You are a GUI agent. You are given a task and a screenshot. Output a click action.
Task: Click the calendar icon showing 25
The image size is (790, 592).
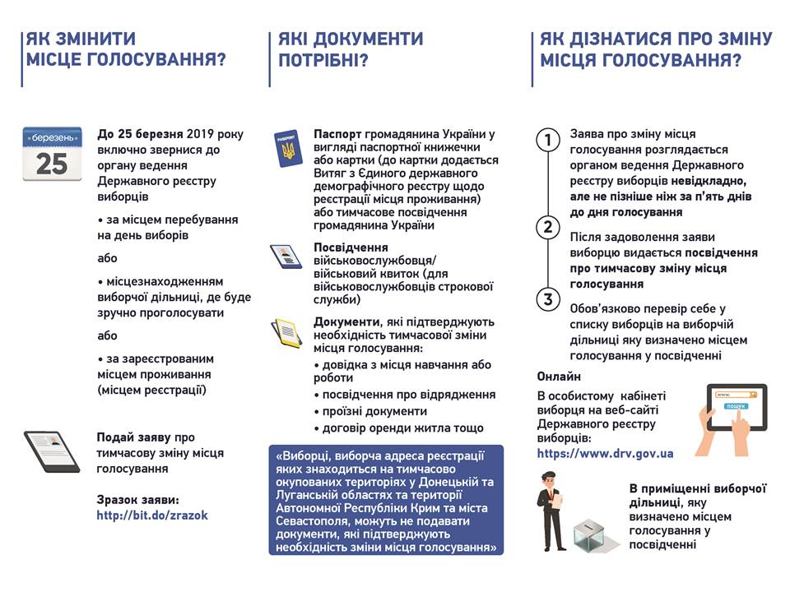(x=52, y=153)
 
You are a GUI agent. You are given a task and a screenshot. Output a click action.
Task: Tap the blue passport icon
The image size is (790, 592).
(x=287, y=149)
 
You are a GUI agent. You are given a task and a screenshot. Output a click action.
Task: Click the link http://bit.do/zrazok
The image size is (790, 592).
(x=152, y=515)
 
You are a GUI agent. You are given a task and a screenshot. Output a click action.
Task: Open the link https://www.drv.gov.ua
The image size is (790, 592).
(x=606, y=453)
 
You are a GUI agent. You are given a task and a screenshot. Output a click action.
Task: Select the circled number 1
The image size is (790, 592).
(x=547, y=141)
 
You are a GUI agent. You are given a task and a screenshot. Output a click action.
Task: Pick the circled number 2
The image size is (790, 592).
(x=547, y=227)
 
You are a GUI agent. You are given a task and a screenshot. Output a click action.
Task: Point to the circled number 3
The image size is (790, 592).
(x=547, y=298)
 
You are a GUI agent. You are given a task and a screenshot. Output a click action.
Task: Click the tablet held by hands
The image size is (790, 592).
(x=735, y=407)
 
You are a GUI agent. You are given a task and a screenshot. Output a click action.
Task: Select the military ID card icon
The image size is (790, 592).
(x=287, y=256)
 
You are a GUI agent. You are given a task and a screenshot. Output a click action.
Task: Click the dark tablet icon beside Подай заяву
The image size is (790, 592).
(x=51, y=451)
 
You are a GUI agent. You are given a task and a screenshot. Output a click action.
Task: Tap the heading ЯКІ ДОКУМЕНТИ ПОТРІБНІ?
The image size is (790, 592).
(x=351, y=49)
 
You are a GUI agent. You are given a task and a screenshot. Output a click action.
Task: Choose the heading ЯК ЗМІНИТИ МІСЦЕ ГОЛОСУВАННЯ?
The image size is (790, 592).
(x=125, y=49)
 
